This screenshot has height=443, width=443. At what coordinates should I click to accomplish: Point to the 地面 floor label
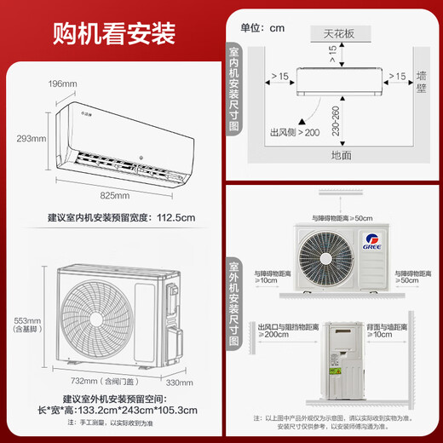[x=341, y=155]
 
